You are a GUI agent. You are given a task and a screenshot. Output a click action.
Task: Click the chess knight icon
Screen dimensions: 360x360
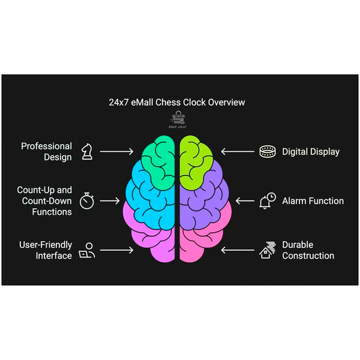click(x=86, y=151)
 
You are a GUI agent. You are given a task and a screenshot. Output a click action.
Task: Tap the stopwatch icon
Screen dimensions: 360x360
click(x=88, y=200)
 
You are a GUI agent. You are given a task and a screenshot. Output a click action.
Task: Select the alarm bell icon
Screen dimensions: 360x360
click(x=267, y=201)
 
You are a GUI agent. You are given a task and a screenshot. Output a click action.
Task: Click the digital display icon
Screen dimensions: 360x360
click(x=267, y=152)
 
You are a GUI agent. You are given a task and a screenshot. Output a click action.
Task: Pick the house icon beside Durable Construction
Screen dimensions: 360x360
click(x=267, y=250)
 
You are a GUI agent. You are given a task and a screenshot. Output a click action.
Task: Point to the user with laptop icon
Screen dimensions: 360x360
click(x=88, y=250)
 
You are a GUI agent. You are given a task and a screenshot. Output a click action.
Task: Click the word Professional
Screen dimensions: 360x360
click(x=46, y=146)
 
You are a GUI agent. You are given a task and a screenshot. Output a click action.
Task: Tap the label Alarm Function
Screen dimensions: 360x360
click(x=313, y=201)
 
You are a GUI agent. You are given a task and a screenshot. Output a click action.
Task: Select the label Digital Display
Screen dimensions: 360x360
click(x=311, y=152)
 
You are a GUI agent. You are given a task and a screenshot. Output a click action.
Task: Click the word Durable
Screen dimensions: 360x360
click(x=298, y=245)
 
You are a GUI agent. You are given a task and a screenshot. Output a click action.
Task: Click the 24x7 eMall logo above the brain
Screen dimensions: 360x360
click(x=178, y=121)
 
